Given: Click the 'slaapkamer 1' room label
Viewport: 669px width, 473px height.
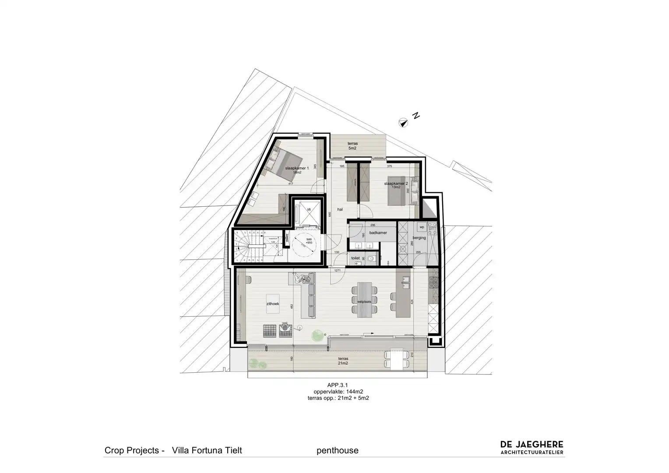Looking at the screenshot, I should click(297, 168).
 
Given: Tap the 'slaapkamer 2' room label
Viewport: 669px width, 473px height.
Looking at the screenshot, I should click(396, 184).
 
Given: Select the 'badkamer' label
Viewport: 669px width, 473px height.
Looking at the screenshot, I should click(378, 233).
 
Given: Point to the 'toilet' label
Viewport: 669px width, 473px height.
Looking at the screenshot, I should click(356, 258).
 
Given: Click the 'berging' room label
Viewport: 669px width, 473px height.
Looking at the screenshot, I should click(419, 238).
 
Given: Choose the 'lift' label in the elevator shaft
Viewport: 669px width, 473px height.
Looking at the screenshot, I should click(309, 210).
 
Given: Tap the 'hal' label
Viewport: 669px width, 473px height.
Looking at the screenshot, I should click(340, 209).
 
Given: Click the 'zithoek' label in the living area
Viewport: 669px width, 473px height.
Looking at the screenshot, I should click(273, 303).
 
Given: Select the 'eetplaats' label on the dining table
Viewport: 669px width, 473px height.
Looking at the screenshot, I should click(364, 302).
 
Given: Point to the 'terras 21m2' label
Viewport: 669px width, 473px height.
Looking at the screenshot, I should click(342, 360).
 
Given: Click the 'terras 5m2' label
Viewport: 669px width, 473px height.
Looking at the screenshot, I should click(352, 146).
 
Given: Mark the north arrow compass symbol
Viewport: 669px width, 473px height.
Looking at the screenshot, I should click(402, 122).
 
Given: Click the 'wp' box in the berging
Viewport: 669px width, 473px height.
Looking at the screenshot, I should click(422, 227).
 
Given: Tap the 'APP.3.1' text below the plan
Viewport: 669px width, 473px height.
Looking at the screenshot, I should click(338, 385).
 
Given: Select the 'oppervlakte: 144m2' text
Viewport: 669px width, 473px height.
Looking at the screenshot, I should click(338, 392).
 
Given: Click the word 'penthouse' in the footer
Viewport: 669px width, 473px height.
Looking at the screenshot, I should click(337, 450).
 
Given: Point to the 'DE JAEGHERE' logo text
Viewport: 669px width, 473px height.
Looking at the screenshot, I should click(532, 445).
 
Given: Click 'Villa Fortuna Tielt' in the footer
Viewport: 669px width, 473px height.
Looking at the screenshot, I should click(207, 450).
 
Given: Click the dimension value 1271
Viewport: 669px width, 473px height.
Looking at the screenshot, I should click(338, 271).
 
